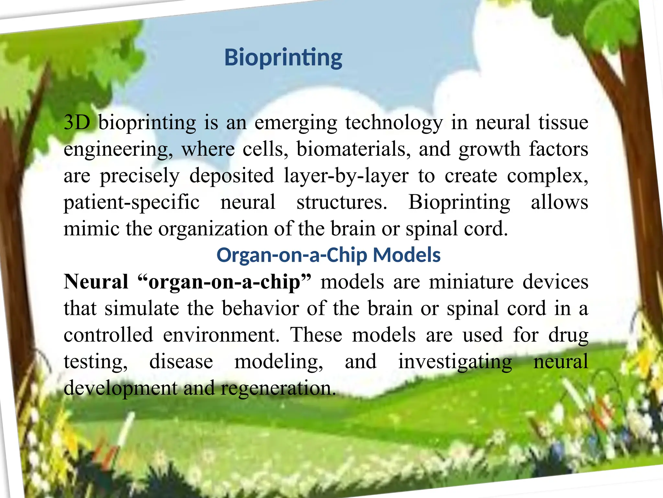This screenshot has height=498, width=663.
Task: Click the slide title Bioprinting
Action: click(x=283, y=58)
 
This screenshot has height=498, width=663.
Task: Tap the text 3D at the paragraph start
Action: click(x=77, y=123)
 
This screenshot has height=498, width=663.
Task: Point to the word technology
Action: click(x=394, y=123)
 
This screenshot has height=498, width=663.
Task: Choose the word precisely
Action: click(x=140, y=176)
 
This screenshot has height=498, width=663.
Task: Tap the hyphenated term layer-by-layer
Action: click(x=346, y=176)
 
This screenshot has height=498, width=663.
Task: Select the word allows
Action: click(x=559, y=202)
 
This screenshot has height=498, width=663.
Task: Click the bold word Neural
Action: click(x=96, y=281)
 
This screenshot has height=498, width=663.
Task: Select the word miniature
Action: click(x=471, y=281)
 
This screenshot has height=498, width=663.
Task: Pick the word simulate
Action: click(x=142, y=308)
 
